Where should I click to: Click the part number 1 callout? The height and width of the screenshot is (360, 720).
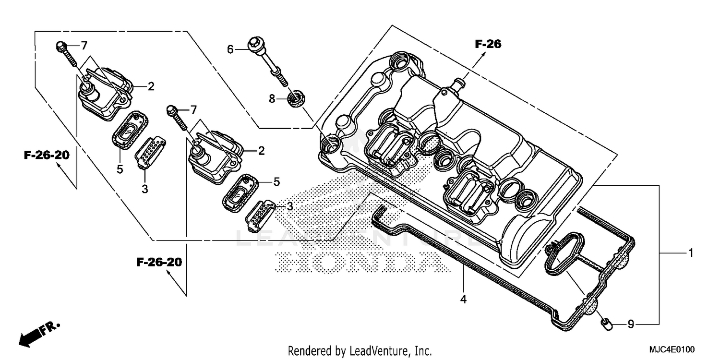(x=691, y=253)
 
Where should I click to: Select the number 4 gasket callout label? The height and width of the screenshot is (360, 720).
(x=463, y=299)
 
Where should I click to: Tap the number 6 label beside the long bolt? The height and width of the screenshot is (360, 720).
(x=230, y=49)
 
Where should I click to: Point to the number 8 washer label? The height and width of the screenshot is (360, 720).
(x=272, y=99)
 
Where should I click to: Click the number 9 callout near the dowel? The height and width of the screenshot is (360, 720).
(x=631, y=324)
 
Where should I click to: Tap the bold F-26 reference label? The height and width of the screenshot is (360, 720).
(x=488, y=44)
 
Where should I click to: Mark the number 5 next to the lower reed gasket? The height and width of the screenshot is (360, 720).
(x=276, y=181)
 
